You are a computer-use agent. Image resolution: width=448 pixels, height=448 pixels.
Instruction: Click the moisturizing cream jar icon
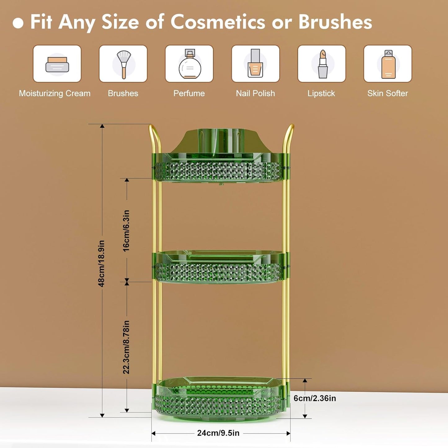(x=57, y=64)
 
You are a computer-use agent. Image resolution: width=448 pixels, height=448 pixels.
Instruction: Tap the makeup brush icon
(x=123, y=64)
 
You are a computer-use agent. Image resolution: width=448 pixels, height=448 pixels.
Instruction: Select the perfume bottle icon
(x=189, y=64)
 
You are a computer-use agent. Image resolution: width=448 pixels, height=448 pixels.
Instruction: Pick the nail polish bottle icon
(x=255, y=64)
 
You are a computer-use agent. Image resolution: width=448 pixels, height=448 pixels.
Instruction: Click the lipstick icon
(x=322, y=64)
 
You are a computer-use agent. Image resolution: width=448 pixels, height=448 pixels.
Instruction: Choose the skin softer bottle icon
(x=388, y=64)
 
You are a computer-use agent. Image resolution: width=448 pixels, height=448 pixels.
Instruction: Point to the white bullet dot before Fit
(x=18, y=23)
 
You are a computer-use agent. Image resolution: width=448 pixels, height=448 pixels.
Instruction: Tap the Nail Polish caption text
(x=255, y=93)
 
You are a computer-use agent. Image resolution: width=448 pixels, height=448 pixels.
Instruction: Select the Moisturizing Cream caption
(x=55, y=93)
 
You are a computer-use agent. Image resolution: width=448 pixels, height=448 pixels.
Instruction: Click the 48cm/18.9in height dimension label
(x=101, y=263)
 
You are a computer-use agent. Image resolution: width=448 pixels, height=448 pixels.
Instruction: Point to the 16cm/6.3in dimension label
(x=126, y=231)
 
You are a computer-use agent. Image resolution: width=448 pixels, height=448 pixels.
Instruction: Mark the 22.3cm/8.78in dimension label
(x=126, y=347)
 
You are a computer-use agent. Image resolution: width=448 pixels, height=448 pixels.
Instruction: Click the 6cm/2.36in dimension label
(x=315, y=398)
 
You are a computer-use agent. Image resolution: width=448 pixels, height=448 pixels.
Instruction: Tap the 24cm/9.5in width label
(x=218, y=433)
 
